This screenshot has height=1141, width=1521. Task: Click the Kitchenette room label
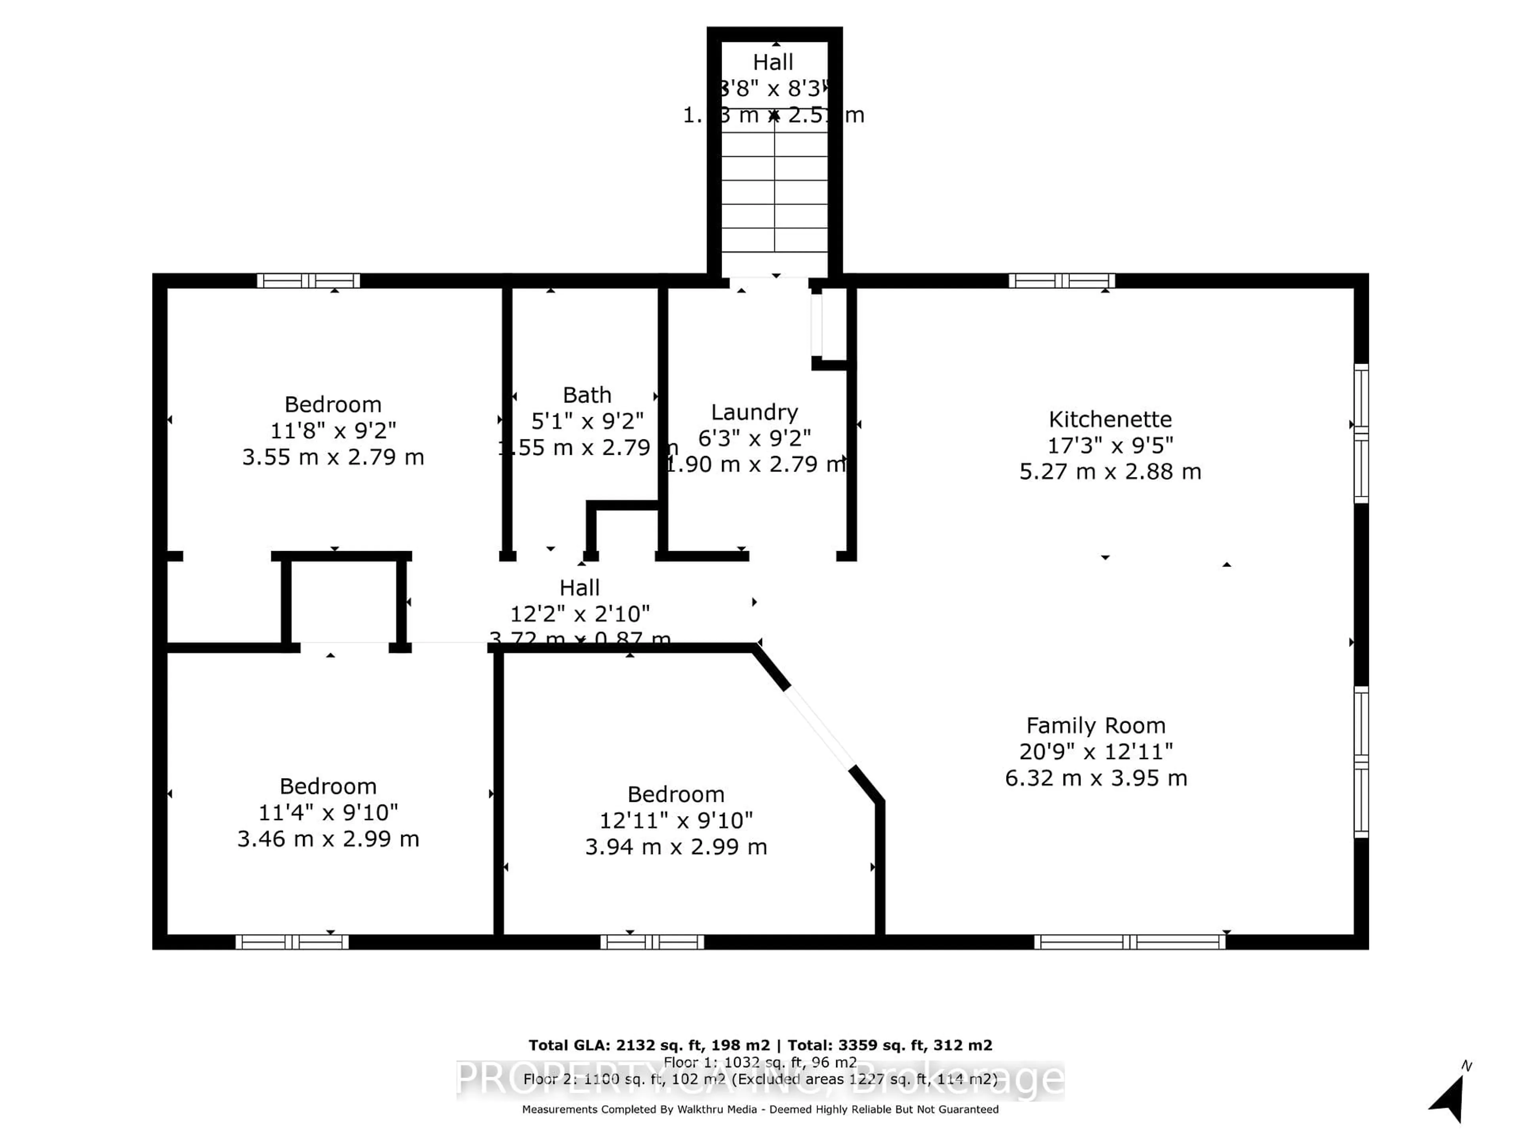[1110, 419]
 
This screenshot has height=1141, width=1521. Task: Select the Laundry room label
[754, 412]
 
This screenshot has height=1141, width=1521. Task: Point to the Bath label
[587, 395]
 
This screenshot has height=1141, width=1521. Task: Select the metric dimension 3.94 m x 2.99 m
[676, 847]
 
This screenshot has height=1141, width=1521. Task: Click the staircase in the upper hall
[774, 193]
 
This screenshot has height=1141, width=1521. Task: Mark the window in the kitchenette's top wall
[1061, 280]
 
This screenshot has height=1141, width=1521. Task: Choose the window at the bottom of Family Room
[1130, 942]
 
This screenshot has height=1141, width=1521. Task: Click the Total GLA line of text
[760, 1046]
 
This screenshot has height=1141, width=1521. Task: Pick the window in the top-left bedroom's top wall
[308, 280]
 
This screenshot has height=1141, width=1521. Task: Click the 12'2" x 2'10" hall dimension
[579, 613]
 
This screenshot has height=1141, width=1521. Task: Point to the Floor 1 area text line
[760, 1063]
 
